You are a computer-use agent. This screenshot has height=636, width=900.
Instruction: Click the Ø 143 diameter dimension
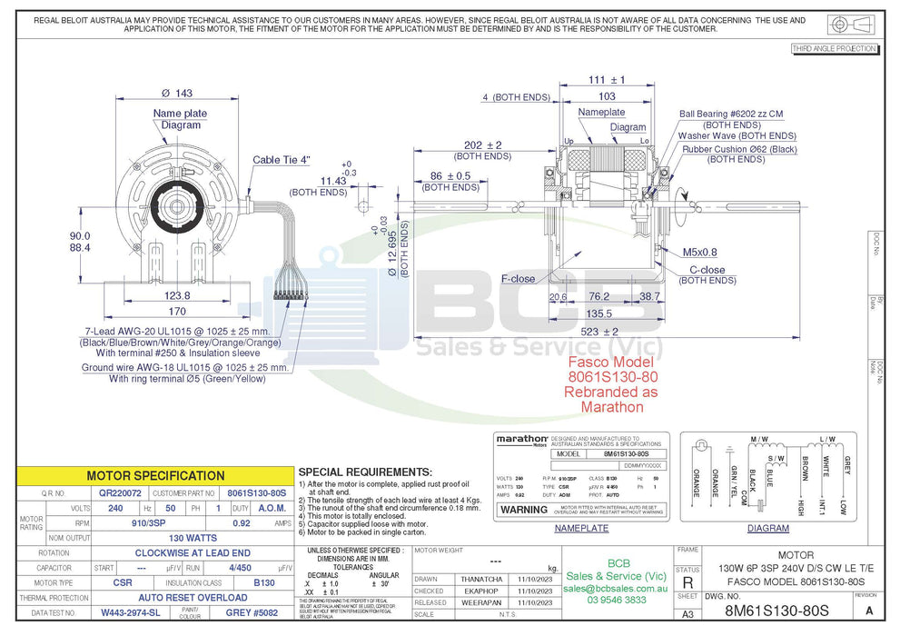click(177, 94)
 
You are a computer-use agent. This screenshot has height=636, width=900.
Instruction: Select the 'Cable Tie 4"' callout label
click(282, 160)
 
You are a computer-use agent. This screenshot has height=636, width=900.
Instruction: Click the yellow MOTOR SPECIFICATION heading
click(155, 475)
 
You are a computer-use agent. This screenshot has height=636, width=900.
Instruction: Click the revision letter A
click(869, 611)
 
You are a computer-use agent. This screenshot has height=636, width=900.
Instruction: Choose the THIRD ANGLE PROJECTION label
click(834, 48)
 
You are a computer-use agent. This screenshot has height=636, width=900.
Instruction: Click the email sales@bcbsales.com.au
click(617, 589)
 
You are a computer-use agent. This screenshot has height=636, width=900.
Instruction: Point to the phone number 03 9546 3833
click(617, 601)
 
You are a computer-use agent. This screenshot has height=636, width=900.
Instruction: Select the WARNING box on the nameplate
click(524, 510)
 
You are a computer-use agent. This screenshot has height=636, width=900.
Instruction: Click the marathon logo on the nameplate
click(521, 439)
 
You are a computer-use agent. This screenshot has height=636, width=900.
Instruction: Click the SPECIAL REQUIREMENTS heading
click(364, 472)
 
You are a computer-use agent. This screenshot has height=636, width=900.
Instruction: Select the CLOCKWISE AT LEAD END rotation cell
click(193, 552)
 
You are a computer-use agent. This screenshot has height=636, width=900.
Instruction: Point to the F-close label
click(519, 279)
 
